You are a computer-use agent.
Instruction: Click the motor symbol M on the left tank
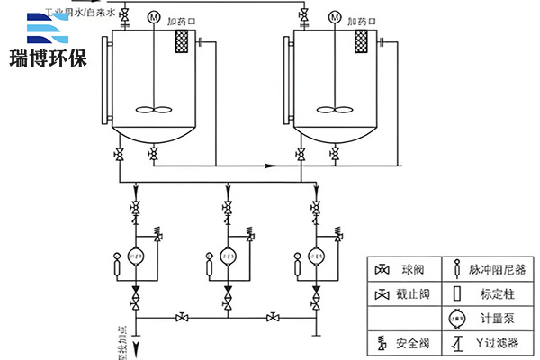155,17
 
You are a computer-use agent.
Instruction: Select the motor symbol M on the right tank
335,17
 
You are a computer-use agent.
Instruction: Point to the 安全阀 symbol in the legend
382,343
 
